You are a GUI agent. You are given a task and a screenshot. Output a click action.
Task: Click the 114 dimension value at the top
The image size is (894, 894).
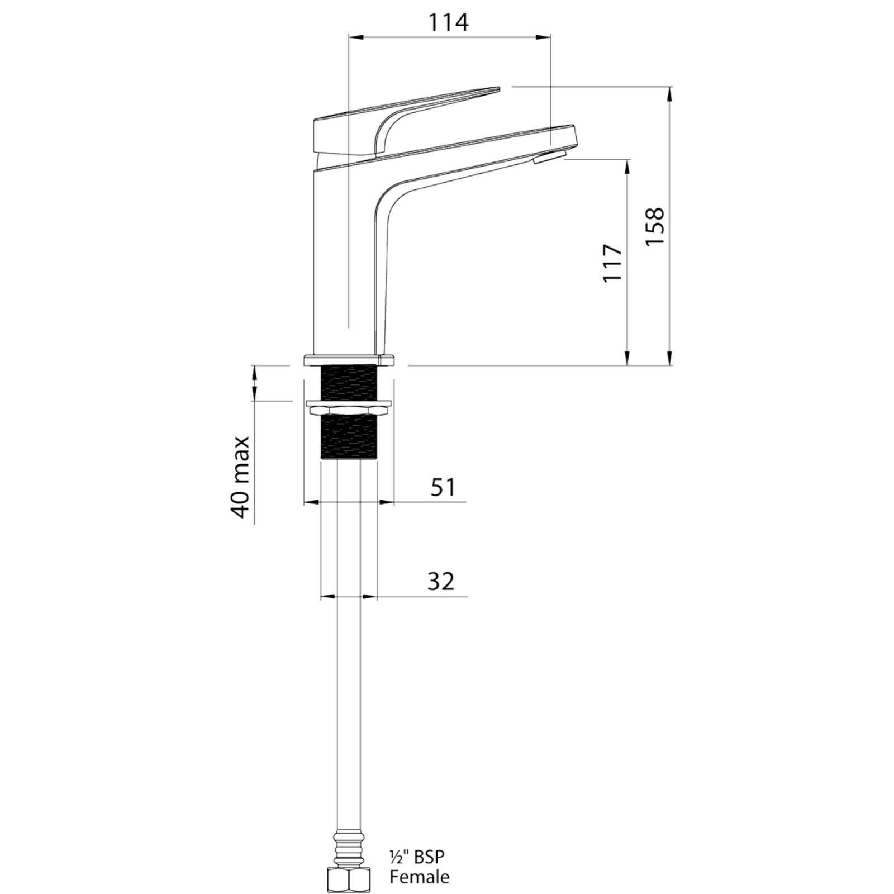tap(448, 23)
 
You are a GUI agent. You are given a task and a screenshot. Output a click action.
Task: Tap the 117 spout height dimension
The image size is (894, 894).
tap(612, 263)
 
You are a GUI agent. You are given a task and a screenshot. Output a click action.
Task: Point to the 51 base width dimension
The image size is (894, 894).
tap(443, 487)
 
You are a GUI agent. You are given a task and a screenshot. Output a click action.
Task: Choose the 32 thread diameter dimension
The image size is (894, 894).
tap(441, 582)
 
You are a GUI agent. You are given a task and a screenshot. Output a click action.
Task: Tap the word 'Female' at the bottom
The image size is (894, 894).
tap(419, 877)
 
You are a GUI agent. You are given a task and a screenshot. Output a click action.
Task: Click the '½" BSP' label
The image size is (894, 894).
tap(417, 857)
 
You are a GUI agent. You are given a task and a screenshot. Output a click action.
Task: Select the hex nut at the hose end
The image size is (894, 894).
tap(348, 881)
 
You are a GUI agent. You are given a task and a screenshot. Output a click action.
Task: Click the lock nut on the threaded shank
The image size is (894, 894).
tap(349, 411)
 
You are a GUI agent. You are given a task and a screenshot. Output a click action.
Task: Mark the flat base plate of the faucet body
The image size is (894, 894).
tap(349, 360)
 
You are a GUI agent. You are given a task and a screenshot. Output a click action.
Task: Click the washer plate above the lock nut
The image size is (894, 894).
tap(349, 403)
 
